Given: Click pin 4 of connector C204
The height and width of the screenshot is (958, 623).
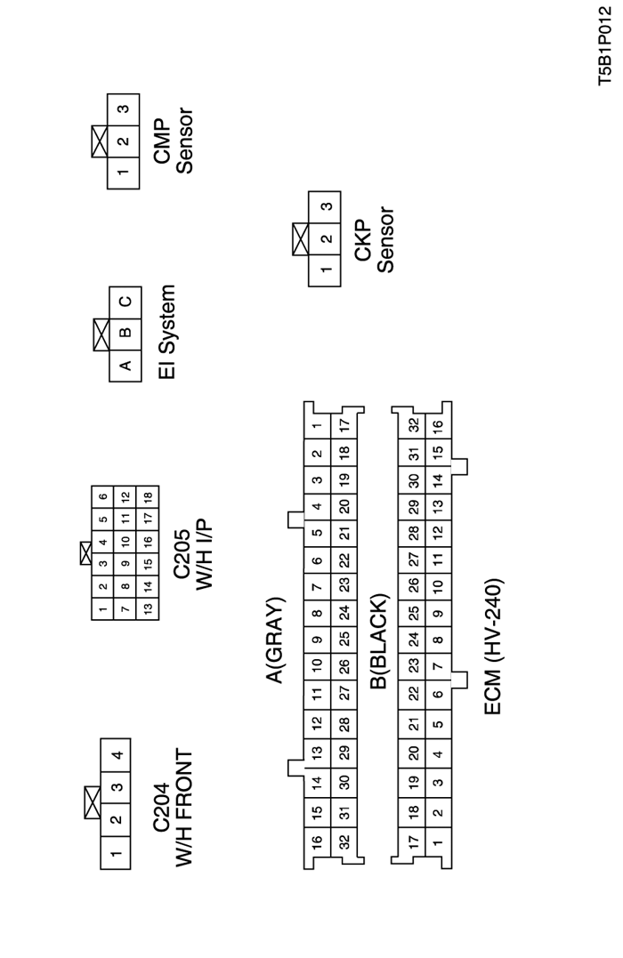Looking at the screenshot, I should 116,756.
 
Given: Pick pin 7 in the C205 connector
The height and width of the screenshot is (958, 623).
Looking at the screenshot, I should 125,609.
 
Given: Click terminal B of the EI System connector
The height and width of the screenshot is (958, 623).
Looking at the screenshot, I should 125,333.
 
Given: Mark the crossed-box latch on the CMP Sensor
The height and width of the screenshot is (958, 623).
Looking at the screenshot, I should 100,141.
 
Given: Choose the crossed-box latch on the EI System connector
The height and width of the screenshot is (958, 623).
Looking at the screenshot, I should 101,333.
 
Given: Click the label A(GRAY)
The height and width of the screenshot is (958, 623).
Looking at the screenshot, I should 274,640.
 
